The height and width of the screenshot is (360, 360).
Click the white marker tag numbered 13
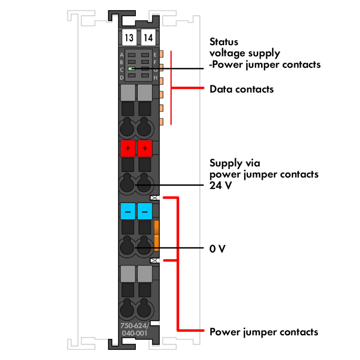[x=129, y=37]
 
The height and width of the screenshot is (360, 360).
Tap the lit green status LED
[x=132, y=69]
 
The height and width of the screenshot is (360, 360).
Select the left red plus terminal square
[x=128, y=148]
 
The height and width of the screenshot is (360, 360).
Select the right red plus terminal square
[x=144, y=148]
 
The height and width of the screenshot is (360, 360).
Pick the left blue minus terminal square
[x=128, y=211]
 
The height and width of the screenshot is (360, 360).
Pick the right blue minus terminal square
[x=144, y=211]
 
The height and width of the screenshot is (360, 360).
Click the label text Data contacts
[x=241, y=89]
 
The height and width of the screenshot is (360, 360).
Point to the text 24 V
[x=221, y=185]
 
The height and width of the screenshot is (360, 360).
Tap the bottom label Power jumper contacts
[x=264, y=332]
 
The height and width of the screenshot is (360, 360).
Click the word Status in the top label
[x=224, y=41]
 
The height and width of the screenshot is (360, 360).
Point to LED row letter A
[x=121, y=55]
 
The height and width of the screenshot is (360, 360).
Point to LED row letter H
[x=156, y=78]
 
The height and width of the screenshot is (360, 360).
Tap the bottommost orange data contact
[x=162, y=121]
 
